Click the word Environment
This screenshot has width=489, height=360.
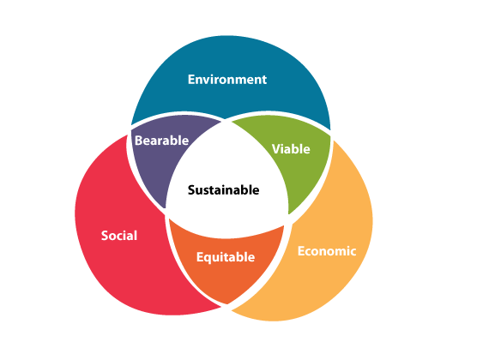click(227, 80)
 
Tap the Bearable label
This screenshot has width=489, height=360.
click(161, 141)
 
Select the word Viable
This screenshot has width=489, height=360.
click(291, 149)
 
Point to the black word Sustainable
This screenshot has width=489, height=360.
click(223, 190)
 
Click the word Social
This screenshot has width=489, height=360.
click(119, 236)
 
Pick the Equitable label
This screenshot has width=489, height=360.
click(226, 257)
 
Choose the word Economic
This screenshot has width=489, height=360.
click(327, 251)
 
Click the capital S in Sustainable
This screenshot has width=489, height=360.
click(191, 190)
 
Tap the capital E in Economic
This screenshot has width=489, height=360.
click(301, 251)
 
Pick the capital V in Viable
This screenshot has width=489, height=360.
click(276, 149)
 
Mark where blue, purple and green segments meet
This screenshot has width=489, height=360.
click(226, 121)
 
